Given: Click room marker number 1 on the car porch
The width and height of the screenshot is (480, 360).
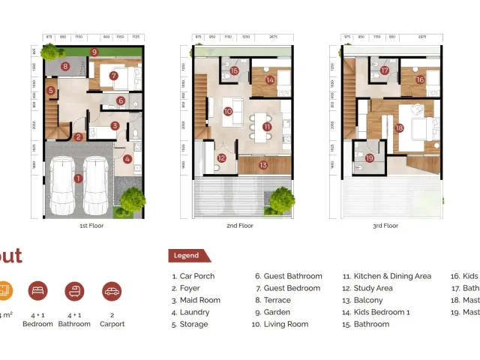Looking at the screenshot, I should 78,178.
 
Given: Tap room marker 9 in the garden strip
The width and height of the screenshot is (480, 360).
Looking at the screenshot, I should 94,52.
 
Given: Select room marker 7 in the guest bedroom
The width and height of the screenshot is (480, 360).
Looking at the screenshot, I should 113,76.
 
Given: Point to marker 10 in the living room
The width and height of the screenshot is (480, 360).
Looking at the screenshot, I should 227,112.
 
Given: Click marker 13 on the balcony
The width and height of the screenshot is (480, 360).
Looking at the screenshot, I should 262,165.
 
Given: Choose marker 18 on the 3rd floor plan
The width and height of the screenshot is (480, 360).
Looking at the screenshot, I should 399,128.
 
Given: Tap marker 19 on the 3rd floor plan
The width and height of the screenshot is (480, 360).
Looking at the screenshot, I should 369,157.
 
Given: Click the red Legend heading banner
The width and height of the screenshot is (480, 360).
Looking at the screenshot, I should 187,256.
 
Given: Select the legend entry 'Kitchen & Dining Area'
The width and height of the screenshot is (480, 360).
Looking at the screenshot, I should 387,276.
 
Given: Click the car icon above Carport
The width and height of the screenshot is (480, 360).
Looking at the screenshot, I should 111,292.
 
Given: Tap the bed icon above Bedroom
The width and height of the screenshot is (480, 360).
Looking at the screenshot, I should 37,292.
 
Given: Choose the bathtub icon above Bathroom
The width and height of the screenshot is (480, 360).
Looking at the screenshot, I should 74,292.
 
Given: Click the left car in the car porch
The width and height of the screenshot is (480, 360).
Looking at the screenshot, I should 61,186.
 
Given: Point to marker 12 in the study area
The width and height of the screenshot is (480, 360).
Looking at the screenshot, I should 221,157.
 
